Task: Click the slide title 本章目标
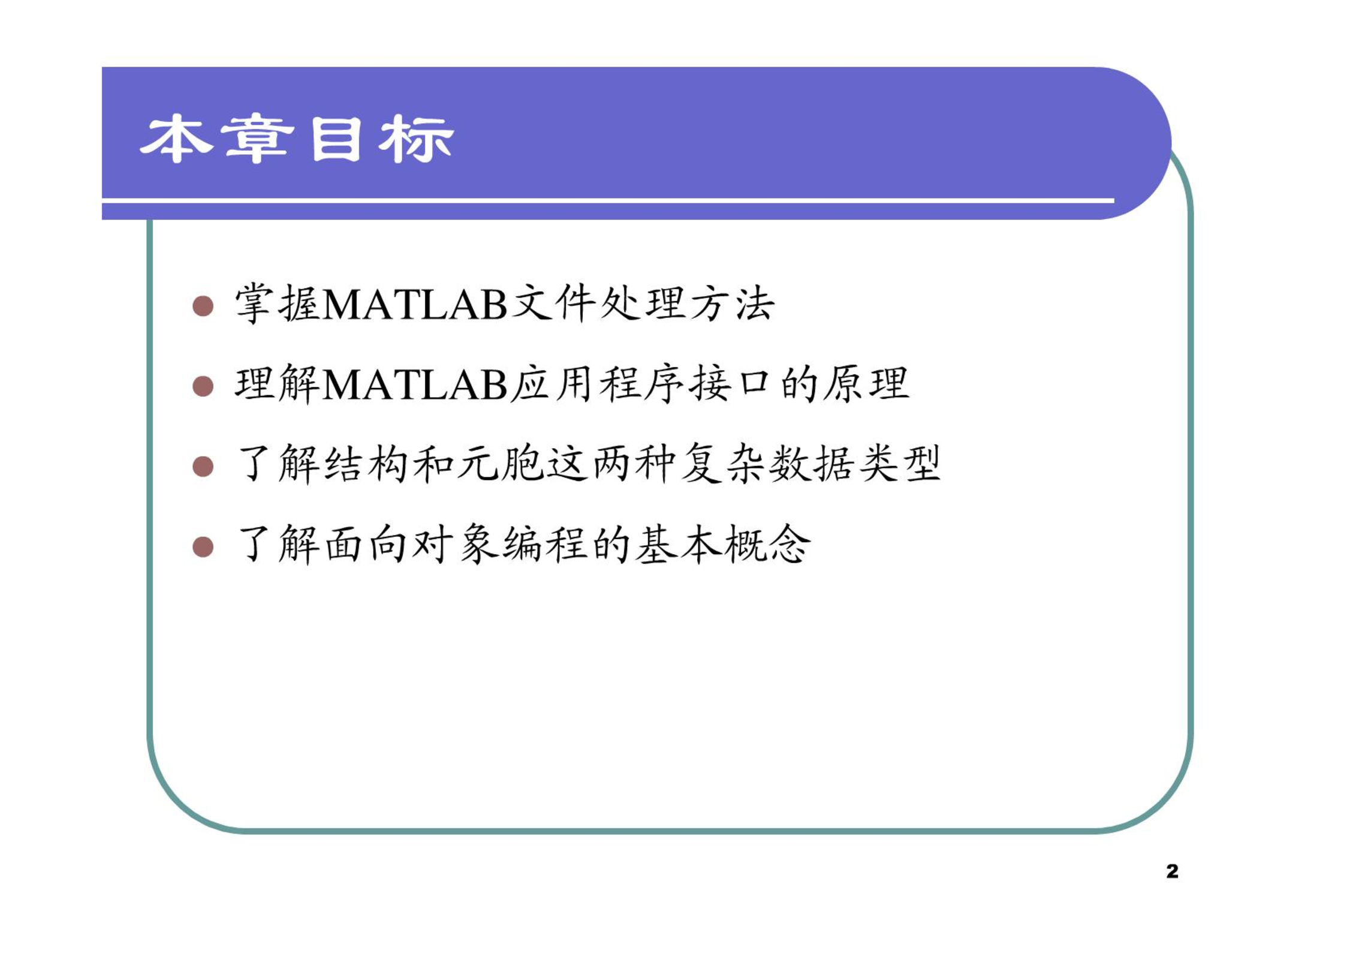[297, 139]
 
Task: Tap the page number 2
[1173, 871]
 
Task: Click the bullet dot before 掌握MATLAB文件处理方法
[203, 306]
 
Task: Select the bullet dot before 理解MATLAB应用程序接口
[203, 386]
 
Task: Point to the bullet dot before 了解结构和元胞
[203, 467]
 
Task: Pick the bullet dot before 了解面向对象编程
[203, 547]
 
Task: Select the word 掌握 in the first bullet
[278, 303]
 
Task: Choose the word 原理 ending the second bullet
[865, 384]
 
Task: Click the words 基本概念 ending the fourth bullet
[722, 545]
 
